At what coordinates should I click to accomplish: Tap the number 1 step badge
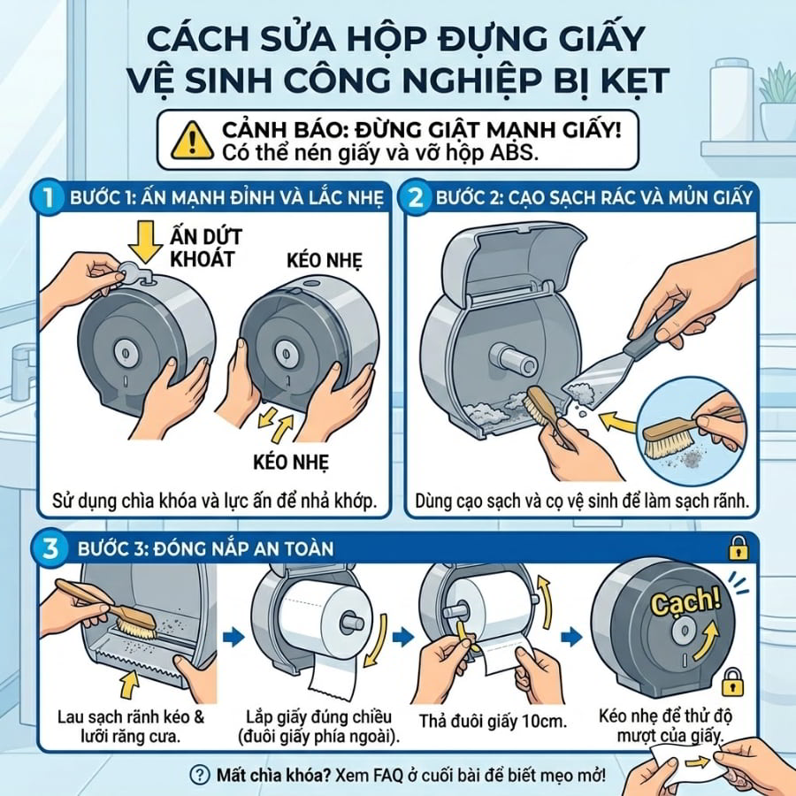click(49, 196)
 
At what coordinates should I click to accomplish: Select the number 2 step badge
click(416, 196)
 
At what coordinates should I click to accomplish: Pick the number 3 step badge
click(50, 548)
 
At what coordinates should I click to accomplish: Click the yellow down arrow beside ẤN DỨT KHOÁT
click(145, 241)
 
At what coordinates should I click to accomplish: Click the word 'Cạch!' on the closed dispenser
click(685, 602)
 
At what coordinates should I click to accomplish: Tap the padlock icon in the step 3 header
click(739, 547)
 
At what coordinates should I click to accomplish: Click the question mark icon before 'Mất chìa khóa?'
click(200, 775)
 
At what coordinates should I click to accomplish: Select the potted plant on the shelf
click(777, 102)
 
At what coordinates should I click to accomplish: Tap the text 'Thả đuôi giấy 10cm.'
click(492, 722)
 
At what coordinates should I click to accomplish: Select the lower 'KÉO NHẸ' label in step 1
click(291, 462)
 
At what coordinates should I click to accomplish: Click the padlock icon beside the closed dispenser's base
click(732, 682)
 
